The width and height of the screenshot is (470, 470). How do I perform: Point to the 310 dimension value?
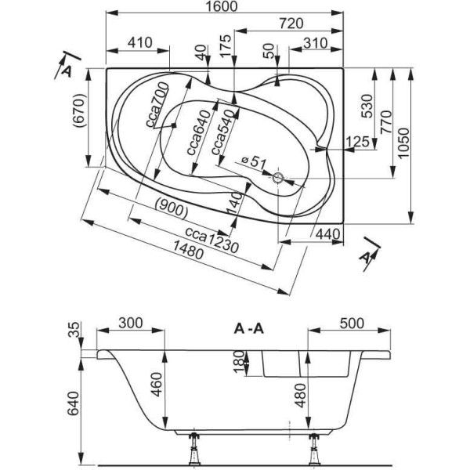click(x=315, y=43)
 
